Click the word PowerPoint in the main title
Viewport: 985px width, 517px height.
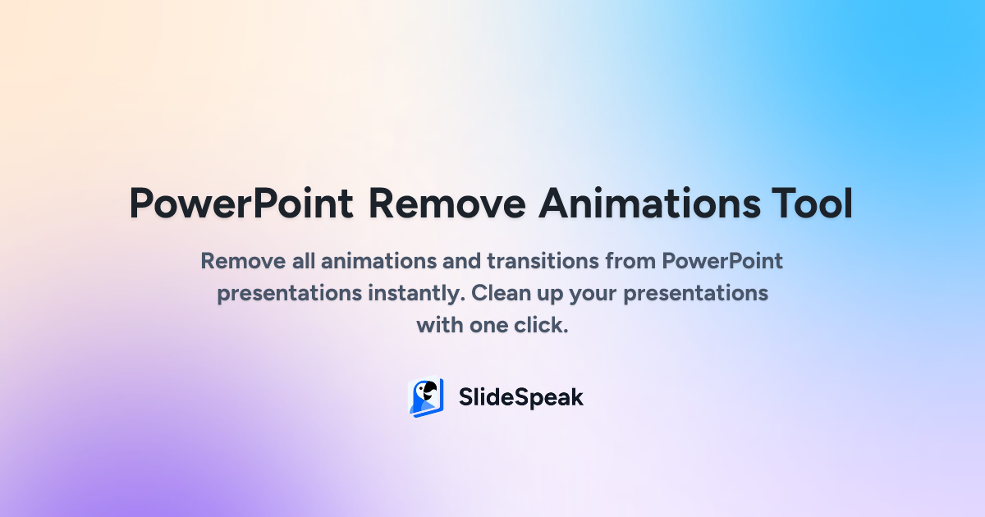[241, 204]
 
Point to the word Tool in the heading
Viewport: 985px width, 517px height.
[811, 204]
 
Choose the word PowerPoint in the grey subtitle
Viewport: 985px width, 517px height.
[722, 262]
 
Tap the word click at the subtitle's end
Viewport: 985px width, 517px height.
[542, 324]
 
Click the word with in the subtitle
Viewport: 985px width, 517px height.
[439, 324]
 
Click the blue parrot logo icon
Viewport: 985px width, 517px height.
[425, 398]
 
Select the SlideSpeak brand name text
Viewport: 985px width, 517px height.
[520, 398]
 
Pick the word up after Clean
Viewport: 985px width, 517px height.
[550, 294]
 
